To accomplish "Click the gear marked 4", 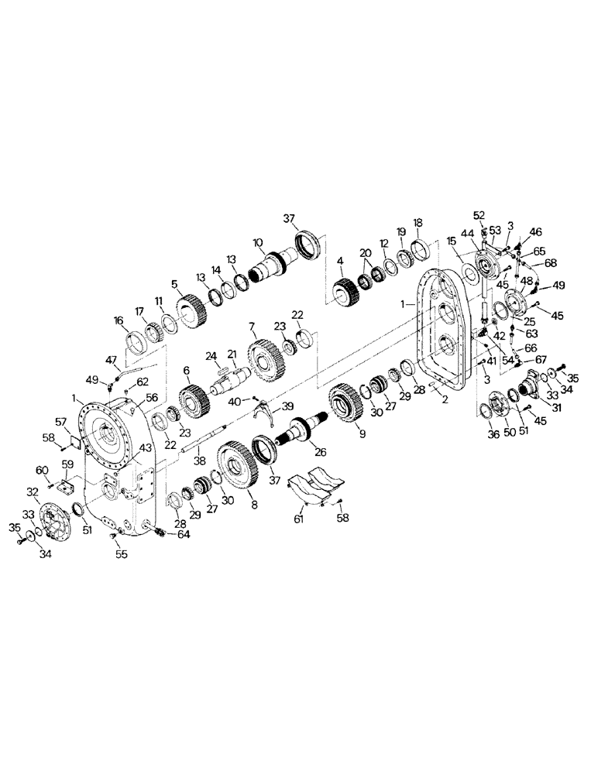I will tap(346, 294).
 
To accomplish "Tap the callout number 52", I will tap(479, 215).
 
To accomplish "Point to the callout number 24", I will tap(210, 357).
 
